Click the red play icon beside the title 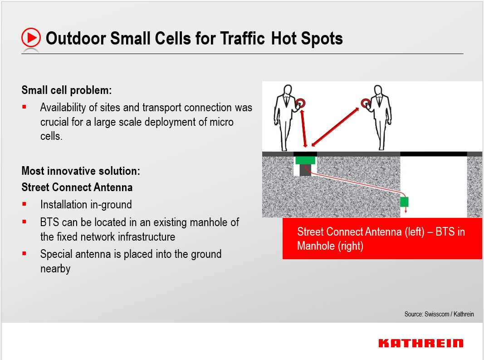pos(31,38)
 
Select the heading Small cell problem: pos(67,90)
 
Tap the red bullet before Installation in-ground pos(24,204)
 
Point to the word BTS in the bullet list pos(49,222)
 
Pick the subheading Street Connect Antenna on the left pos(77,187)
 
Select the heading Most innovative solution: pos(81,171)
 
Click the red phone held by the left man pos(300,104)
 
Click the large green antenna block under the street pos(305,160)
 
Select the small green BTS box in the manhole pos(404,202)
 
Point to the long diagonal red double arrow pos(333,123)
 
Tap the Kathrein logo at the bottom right pos(420,343)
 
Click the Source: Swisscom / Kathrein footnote pos(439,314)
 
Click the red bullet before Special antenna pos(24,254)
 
